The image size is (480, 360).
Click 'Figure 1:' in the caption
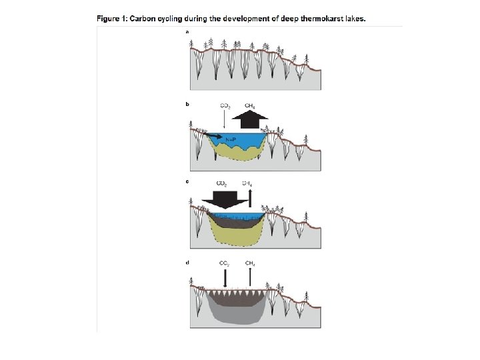pos(112,19)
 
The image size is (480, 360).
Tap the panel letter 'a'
pos(187,32)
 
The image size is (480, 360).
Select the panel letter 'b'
pos(187,105)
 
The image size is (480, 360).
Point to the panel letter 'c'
pos(187,181)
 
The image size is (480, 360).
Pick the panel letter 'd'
pos(187,263)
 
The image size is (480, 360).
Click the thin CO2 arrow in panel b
pos(225,119)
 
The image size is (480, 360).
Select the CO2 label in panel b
pos(225,105)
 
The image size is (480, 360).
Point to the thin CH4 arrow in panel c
pos(250,197)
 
